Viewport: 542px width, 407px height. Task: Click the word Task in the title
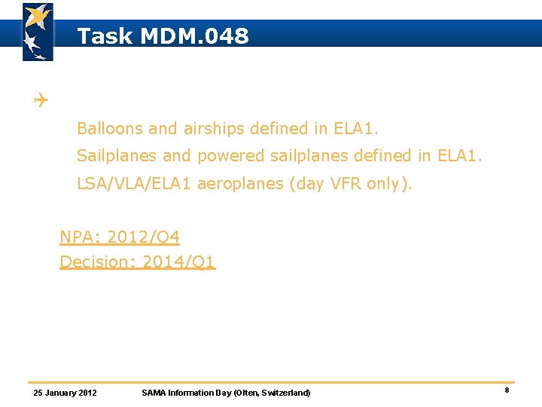[105, 36]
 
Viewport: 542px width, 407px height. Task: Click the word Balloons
[110, 129]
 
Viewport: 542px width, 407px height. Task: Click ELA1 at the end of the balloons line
[355, 129]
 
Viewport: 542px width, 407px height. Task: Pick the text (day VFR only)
[352, 183]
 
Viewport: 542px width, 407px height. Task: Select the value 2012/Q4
[143, 237]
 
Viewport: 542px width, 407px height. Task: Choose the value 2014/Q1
[178, 262]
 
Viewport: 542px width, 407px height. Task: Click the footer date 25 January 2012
[65, 393]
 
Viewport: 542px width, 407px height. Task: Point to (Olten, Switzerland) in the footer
[272, 393]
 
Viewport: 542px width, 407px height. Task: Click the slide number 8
[507, 390]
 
